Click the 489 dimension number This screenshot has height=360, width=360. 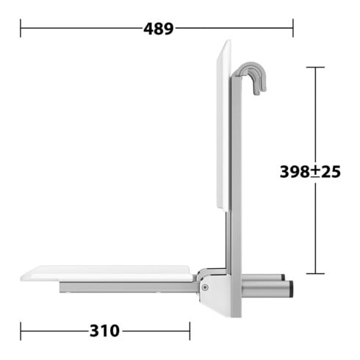pos(159,29)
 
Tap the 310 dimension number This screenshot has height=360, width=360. pos(104,331)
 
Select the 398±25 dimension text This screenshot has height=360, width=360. pos(310,171)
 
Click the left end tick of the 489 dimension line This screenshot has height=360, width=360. pos(21,28)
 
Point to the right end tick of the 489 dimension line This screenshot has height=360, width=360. pos(293,28)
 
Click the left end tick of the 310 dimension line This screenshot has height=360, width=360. pos(21,331)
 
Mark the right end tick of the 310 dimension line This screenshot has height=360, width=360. pos(190,331)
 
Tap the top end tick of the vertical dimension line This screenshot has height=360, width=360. pos(315,67)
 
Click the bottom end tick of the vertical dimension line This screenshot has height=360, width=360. pos(315,273)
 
